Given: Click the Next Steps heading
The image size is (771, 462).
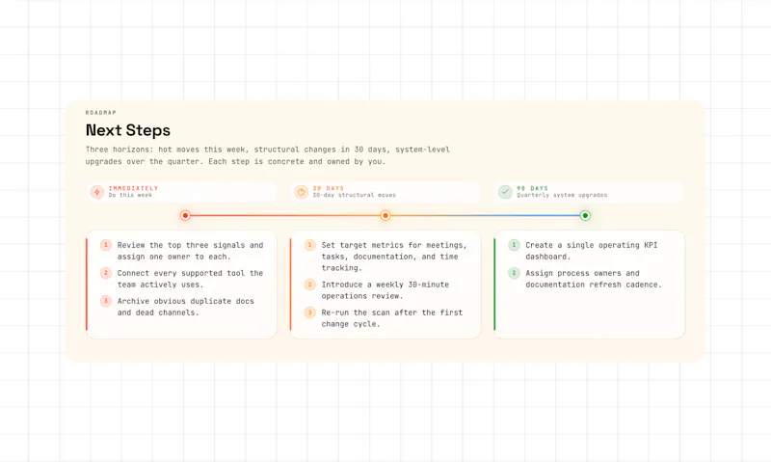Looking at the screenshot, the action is (x=128, y=130).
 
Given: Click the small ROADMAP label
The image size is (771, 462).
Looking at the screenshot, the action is (x=101, y=113).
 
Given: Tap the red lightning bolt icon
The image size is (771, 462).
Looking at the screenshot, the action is (x=97, y=192).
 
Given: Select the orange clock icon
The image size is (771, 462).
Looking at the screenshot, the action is (x=302, y=192).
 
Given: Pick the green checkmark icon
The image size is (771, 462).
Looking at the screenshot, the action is (x=505, y=192).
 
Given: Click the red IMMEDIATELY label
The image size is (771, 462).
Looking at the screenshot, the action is (x=133, y=188).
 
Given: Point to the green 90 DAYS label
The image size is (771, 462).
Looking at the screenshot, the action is (x=533, y=188).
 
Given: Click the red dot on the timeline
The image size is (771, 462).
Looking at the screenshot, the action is (x=185, y=215).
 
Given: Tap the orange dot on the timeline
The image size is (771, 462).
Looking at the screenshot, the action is (x=385, y=215).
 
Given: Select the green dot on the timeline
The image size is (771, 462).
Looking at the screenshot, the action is (x=585, y=215).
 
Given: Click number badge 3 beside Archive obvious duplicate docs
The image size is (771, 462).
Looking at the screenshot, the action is (x=106, y=301).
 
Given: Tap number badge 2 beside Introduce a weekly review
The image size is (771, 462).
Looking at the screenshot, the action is (x=309, y=285).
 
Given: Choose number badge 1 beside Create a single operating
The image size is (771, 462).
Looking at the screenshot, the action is (x=514, y=245).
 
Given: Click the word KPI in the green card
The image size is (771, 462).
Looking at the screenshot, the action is (x=651, y=245).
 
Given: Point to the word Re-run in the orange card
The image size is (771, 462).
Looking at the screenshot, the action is (x=335, y=313).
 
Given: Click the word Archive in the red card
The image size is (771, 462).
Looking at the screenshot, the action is (x=133, y=301).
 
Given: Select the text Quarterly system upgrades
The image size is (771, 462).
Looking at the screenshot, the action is (x=562, y=196).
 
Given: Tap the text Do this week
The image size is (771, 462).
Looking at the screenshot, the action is (x=130, y=196).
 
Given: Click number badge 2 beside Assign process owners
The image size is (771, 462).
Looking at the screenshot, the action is (x=514, y=273).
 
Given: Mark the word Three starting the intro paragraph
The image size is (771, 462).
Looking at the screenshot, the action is (x=97, y=149).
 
